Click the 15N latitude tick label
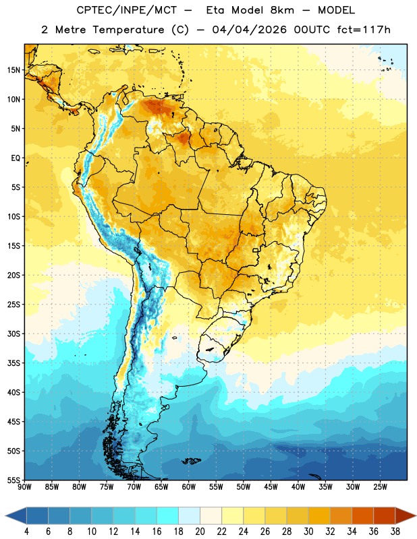[13, 70]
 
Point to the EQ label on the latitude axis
[16, 158]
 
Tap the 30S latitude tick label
[13, 334]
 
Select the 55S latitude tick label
[13, 480]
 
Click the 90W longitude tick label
[24, 487]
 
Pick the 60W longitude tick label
[189, 487]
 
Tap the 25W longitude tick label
[380, 487]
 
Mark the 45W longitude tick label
[271, 487]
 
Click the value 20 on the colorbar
[200, 532]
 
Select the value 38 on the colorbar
[395, 532]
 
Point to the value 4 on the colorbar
[26, 532]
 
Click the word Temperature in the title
[128, 30]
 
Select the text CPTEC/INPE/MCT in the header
[126, 10]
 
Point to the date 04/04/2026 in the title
[249, 30]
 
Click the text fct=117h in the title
[364, 30]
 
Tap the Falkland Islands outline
[192, 461]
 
